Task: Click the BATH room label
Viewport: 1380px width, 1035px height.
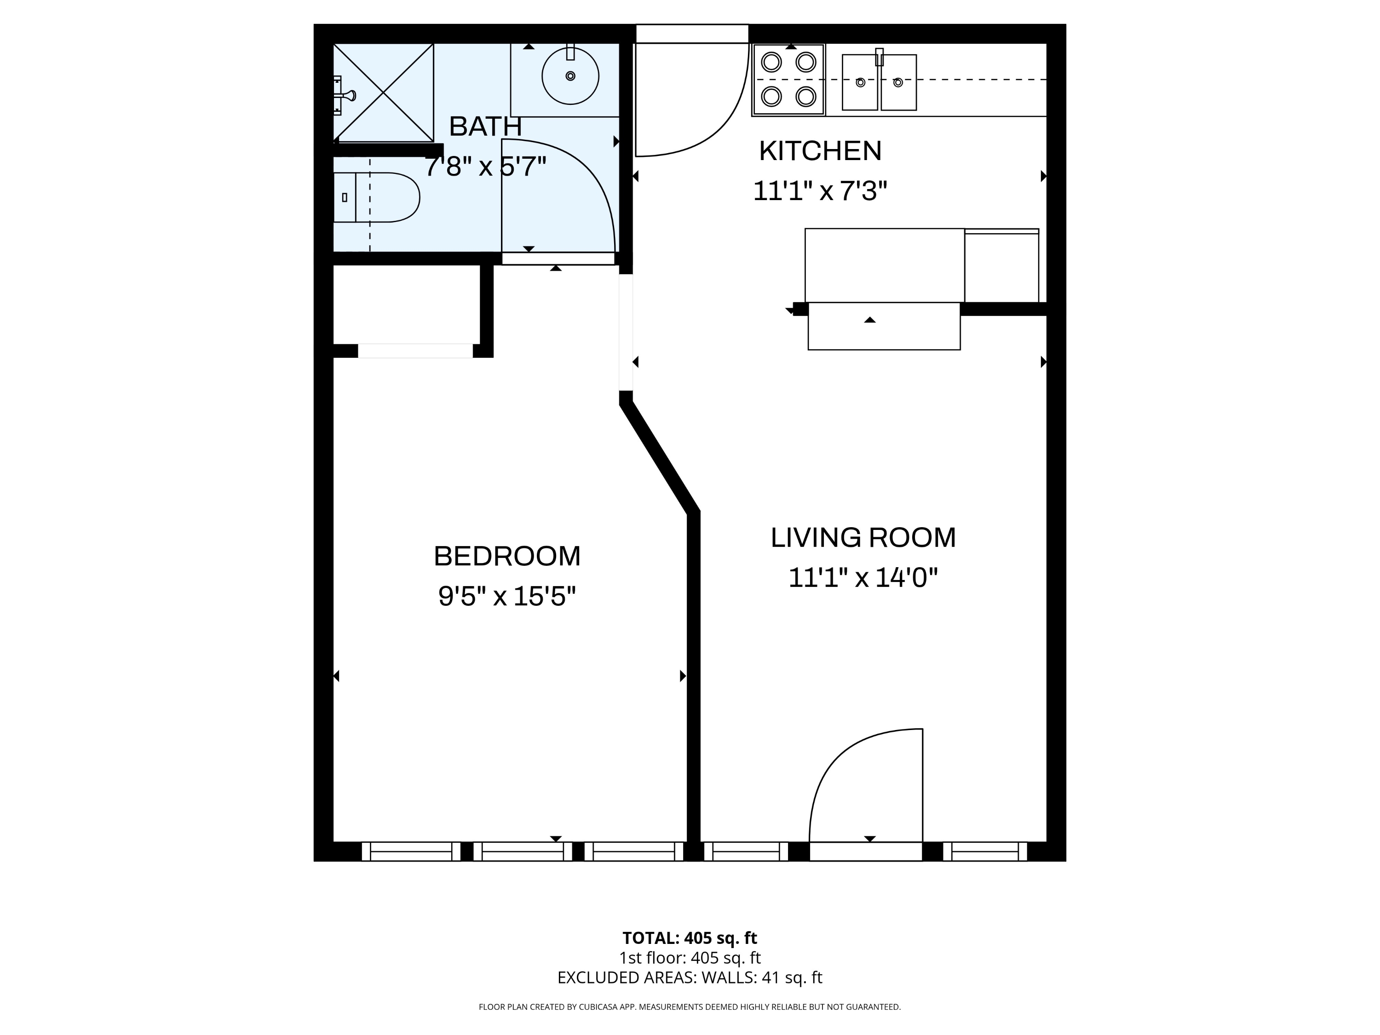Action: pyautogui.click(x=485, y=126)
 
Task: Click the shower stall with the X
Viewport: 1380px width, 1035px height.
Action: pyautogui.click(x=383, y=92)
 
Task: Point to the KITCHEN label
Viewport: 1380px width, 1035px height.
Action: pyautogui.click(x=820, y=151)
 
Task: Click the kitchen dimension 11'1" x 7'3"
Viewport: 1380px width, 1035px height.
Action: pyautogui.click(x=820, y=191)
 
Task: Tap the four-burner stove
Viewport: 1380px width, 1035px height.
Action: pyautogui.click(x=788, y=79)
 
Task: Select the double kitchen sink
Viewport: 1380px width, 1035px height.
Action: pyautogui.click(x=879, y=82)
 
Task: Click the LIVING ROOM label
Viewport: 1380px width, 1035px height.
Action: pyautogui.click(x=863, y=538)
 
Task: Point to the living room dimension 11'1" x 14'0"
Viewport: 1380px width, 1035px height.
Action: pyautogui.click(x=863, y=578)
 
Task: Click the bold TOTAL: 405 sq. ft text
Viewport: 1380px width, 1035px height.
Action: pyautogui.click(x=690, y=937)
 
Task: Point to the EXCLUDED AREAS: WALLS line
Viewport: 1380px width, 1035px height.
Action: pyautogui.click(x=690, y=977)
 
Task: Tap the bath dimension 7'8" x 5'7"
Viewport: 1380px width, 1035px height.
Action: pyautogui.click(x=485, y=167)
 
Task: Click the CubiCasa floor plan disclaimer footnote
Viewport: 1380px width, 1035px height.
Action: pyautogui.click(x=690, y=1007)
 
